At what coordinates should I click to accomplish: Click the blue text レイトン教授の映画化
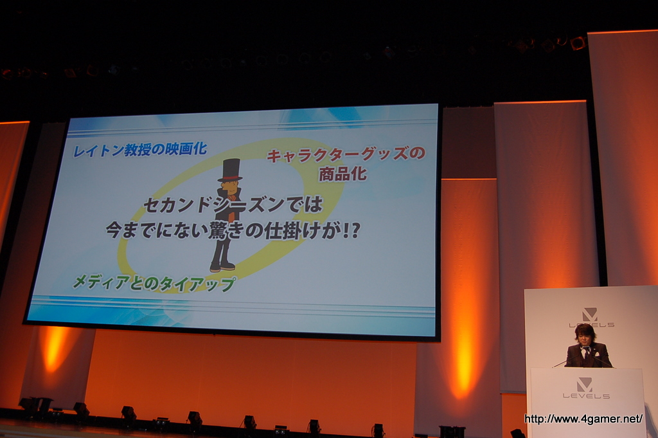click(139, 149)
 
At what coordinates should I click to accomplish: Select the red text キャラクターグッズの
click(346, 155)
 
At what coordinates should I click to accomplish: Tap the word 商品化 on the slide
click(343, 174)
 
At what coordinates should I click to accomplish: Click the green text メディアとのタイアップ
click(154, 284)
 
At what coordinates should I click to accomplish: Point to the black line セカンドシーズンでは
click(233, 205)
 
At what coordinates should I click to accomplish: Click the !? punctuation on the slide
click(351, 231)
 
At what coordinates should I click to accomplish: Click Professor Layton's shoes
click(222, 266)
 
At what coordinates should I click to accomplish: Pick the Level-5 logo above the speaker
click(591, 318)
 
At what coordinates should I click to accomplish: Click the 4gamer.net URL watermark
click(583, 419)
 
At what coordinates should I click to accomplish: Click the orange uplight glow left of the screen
click(54, 348)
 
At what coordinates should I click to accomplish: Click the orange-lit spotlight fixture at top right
click(578, 43)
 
